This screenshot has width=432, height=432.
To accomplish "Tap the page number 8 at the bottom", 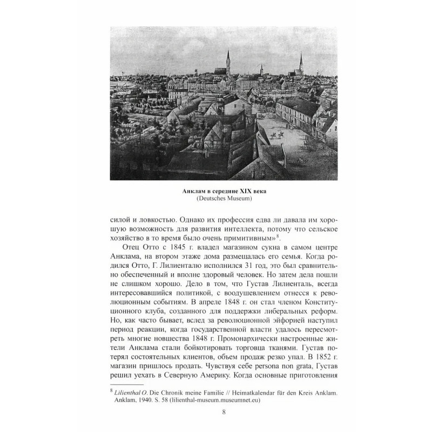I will [x=216, y=414].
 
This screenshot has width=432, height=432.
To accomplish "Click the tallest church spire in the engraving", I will [x=228, y=59].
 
